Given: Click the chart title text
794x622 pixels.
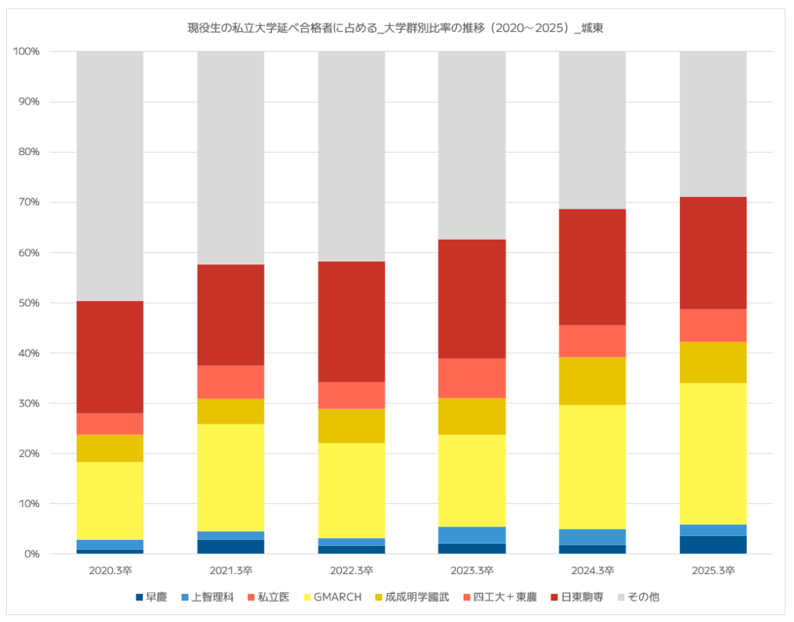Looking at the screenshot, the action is pos(395,28).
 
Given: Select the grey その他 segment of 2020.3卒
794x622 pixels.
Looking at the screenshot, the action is pos(110,176).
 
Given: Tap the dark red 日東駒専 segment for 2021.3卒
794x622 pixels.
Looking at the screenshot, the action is pos(231,315).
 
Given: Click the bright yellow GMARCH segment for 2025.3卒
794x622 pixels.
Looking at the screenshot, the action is pos(713,454).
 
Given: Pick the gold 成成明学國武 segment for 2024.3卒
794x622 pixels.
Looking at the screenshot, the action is pos(592,381).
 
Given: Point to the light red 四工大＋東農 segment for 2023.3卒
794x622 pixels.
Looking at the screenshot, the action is pos(472,378).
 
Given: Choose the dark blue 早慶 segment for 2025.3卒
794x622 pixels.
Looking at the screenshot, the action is pos(713,544).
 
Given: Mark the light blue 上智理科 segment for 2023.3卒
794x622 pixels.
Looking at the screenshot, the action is pos(472,535).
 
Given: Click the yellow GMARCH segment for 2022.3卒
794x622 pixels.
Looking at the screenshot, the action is pos(351,491).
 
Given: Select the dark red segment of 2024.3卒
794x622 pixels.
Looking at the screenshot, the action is pos(592,267).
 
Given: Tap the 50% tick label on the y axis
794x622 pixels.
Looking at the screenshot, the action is pos(27,303).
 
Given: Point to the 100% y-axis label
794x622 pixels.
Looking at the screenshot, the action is pos(26,51).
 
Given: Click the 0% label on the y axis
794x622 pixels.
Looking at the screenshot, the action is pos(30,554).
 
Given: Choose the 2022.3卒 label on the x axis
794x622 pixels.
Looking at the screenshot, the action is pos(351,570).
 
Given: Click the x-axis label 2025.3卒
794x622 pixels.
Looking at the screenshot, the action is pos(713,570).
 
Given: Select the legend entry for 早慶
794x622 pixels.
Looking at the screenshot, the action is pos(151,597).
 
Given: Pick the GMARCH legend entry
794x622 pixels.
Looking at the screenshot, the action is pos(333,597).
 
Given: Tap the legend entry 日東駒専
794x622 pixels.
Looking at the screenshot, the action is pos(577,597).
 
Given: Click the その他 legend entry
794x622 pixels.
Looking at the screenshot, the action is pos(639,597).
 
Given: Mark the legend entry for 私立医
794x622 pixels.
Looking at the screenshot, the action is pos(268,597).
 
